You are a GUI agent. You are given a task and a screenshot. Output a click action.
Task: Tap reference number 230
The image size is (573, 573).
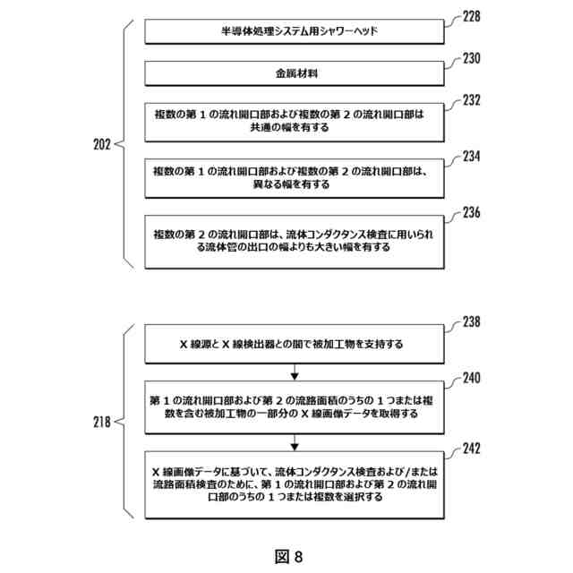click(471, 59)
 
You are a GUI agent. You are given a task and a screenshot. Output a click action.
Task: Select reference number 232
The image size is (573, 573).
click(471, 100)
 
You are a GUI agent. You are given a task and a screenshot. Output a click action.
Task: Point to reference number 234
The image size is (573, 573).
click(471, 156)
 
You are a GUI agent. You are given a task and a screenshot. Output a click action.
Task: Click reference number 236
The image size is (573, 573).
click(471, 212)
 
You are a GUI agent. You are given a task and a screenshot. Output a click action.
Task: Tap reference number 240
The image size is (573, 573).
click(471, 378)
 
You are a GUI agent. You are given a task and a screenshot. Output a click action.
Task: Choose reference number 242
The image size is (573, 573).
click(471, 447)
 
